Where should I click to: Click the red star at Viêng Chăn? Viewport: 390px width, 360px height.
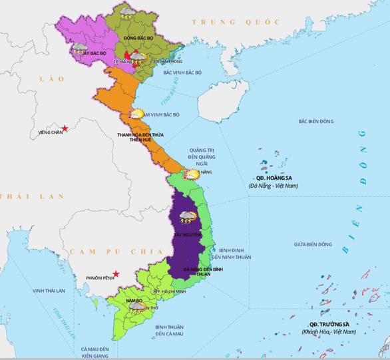(65, 128)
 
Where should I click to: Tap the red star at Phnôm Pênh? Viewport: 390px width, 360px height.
(115, 274)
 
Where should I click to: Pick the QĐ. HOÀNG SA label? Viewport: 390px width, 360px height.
(274, 178)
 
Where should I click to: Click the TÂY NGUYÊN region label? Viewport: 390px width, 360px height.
(186, 236)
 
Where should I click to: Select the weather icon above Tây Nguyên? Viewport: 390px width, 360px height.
(188, 216)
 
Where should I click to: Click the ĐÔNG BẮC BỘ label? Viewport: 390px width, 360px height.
(139, 39)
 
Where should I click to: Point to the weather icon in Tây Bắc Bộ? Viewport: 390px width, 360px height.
(80, 48)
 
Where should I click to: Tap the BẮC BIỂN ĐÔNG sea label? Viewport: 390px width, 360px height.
(316, 122)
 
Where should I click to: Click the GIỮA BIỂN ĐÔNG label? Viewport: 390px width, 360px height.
(313, 244)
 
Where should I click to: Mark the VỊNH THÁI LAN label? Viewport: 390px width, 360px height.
(49, 291)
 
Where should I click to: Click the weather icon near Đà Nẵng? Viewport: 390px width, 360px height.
(192, 174)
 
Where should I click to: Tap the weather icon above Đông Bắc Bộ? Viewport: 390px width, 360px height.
(126, 11)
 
